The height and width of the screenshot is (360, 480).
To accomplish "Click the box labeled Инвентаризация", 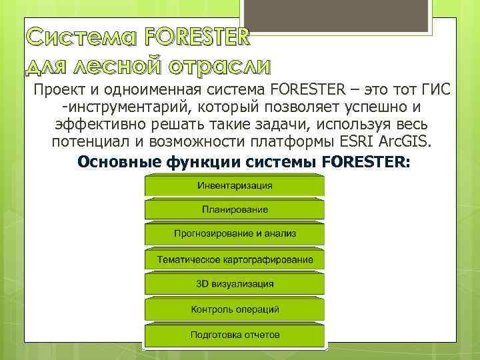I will (235, 185).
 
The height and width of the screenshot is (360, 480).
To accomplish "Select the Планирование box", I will (235, 210).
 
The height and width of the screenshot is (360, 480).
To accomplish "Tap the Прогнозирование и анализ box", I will (235, 234).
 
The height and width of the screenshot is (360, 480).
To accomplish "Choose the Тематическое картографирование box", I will (235, 259).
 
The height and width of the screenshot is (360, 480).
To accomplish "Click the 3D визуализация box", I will (235, 284).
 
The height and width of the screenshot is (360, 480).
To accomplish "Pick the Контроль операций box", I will (235, 309).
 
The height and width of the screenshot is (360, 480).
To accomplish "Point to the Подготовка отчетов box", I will (235, 335).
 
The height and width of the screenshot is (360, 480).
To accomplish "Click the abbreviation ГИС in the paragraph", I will (438, 90).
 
